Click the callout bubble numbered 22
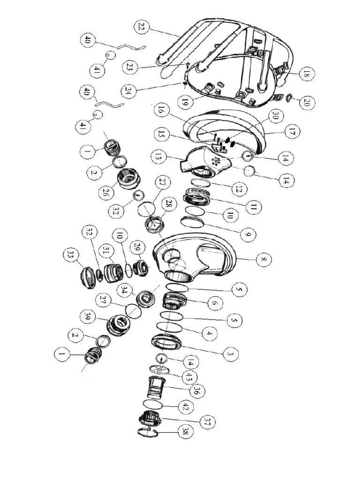141,27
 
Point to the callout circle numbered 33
70,255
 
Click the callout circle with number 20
307,103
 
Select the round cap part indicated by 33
87,277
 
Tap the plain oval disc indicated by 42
153,405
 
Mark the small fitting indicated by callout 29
140,268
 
